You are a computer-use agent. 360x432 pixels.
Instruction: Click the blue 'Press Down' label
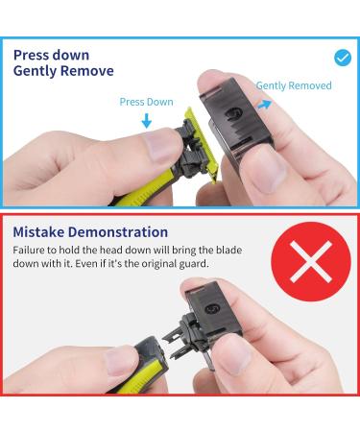(x=146, y=101)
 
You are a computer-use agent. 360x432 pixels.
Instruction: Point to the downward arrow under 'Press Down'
(x=146, y=122)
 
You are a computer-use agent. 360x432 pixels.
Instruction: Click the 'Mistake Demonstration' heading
(x=90, y=232)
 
